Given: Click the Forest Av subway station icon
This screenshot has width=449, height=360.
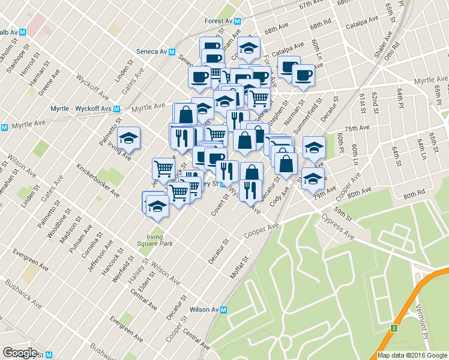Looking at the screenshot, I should point(238,20).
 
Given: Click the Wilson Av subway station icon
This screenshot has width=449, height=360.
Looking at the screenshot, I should point(224,310).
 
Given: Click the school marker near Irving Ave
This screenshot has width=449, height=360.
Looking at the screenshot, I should point(128,139).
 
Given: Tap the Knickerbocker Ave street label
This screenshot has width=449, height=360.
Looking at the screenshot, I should point(97,178).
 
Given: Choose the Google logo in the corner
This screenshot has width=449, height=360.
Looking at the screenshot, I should point(20,353).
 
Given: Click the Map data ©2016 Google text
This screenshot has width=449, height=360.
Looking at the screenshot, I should point(412,355).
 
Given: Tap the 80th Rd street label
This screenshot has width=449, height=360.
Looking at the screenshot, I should point(414,195).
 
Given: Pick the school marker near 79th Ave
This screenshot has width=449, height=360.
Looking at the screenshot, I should point(313,179).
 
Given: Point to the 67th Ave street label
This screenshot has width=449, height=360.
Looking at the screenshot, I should point(315,4).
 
